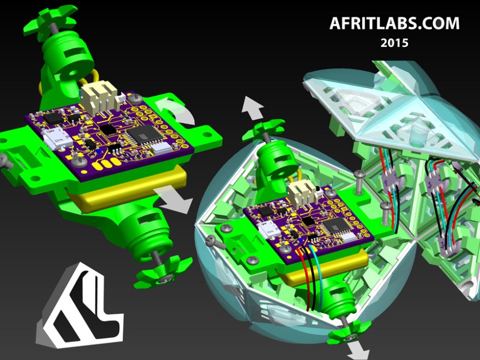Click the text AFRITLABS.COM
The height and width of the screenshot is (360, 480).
[x=394, y=23]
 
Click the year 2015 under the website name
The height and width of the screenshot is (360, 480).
[x=394, y=43]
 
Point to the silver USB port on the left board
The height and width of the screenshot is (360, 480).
[x=58, y=141]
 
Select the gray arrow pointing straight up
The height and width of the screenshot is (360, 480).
[x=253, y=107]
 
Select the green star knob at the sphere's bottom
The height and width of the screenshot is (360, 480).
[x=347, y=331]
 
